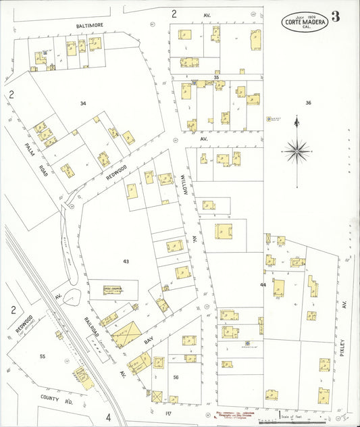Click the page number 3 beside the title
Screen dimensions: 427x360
pos(335,19)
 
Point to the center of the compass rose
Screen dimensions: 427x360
pos(296,150)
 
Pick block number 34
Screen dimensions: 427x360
pos(82,103)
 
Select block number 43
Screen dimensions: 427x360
pos(125,260)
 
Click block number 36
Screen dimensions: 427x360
pos(308,103)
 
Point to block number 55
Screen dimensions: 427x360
pos(42,356)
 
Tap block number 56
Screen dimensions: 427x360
pos(176,377)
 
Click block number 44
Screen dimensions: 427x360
pos(263,285)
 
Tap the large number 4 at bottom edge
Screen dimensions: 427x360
pos(107,417)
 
